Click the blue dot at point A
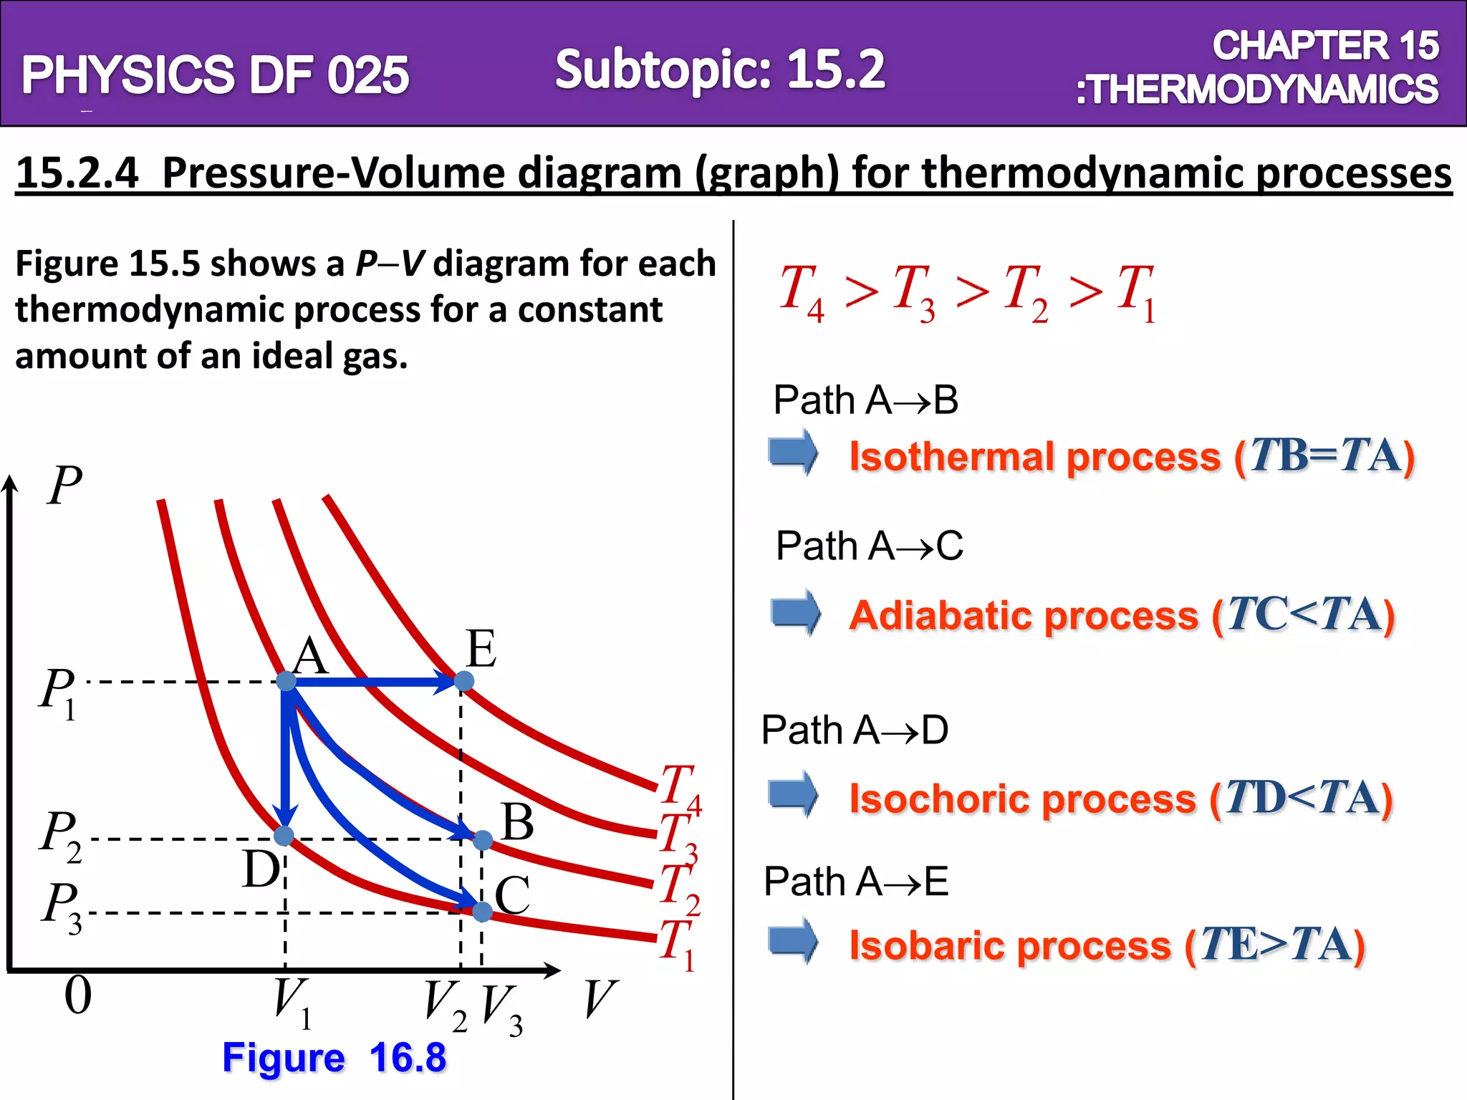click(x=286, y=681)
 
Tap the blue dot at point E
click(x=464, y=680)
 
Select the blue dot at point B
click(x=483, y=840)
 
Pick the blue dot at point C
click(x=483, y=912)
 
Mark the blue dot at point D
click(x=284, y=835)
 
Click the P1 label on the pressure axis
click(x=57, y=693)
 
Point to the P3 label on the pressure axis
click(x=61, y=907)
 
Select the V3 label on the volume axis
click(x=501, y=1010)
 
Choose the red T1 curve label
click(x=678, y=945)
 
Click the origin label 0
click(x=78, y=995)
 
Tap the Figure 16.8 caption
click(x=334, y=1058)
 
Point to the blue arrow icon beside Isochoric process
click(x=794, y=794)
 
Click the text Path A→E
click(x=856, y=881)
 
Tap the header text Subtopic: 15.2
click(x=720, y=69)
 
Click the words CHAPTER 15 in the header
click(x=1325, y=46)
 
